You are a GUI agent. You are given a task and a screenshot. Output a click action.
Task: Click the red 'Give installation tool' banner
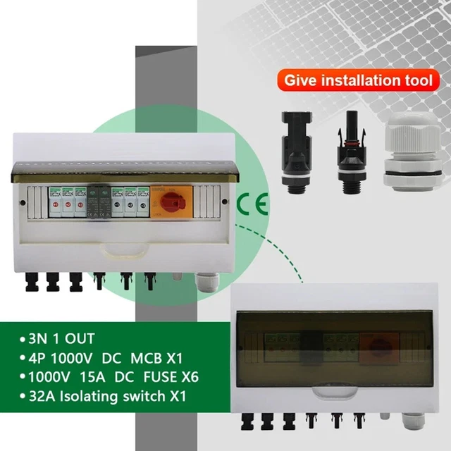(x=358, y=80)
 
